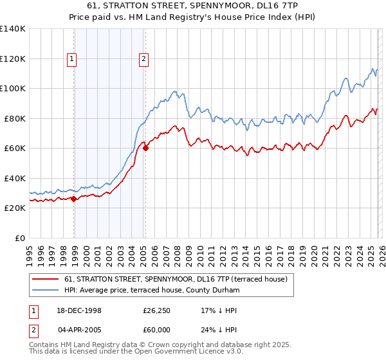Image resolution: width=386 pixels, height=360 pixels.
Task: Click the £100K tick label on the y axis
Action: point(12,89)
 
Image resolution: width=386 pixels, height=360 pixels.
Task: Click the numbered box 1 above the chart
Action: point(71,60)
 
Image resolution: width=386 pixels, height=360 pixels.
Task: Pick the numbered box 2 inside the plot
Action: point(143,60)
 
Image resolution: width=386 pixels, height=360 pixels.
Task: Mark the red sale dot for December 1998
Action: point(74,199)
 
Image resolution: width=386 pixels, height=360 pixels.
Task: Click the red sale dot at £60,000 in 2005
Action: point(145,148)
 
